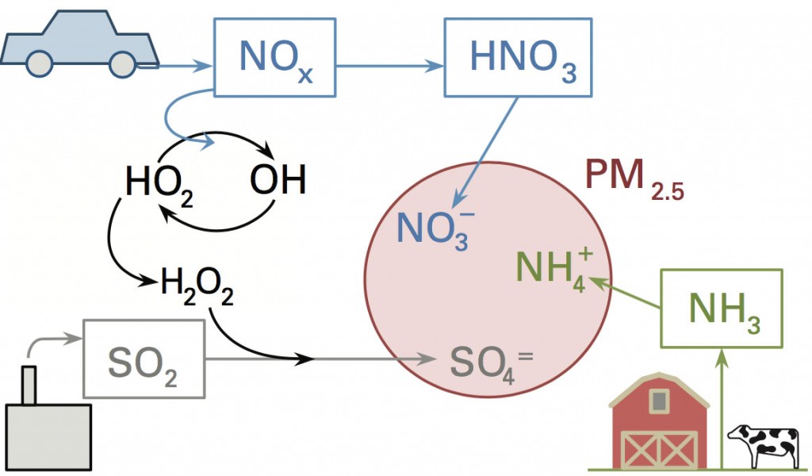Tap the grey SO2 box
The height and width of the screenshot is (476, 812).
[144, 359]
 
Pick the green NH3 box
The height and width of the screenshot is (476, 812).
[723, 308]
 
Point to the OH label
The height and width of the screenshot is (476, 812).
[278, 182]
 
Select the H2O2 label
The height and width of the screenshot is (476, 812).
[197, 284]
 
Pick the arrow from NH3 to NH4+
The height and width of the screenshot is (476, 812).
[626, 291]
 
